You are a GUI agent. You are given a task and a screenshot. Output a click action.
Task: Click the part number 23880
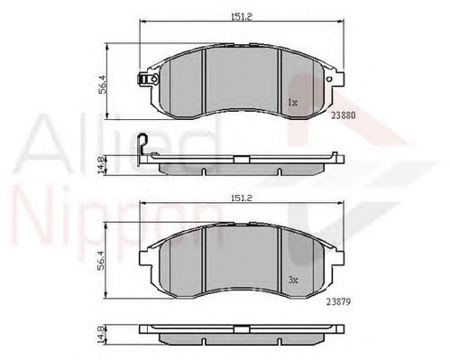pos(344,115)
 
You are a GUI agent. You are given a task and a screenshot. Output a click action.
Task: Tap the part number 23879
pos(338,301)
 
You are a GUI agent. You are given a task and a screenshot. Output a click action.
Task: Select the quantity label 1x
pos(292,103)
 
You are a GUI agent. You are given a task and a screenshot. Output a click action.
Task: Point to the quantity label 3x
pos(293,280)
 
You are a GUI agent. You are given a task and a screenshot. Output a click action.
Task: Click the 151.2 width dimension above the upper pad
pos(241,17)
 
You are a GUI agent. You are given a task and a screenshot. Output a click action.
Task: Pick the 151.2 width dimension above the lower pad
pos(241,198)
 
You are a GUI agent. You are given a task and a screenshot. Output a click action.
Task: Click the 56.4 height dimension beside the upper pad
pos(103,84)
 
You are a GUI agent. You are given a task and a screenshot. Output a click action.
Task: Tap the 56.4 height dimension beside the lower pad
pos(101,260)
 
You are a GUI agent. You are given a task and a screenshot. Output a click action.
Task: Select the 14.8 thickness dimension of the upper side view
pos(102,165)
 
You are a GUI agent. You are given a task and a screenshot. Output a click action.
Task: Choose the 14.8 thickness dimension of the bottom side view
pos(101,335)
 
